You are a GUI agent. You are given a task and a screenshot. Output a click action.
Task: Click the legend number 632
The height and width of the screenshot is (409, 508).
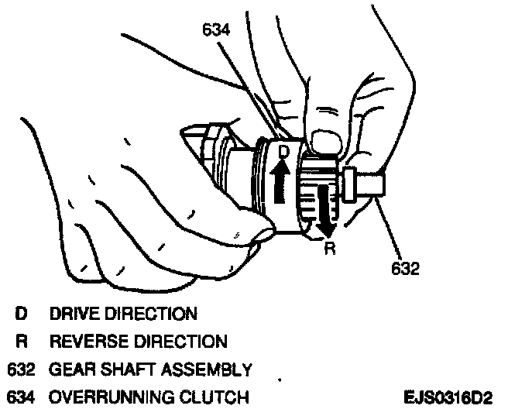19,369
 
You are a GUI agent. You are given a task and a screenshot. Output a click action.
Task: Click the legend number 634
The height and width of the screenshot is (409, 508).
19,397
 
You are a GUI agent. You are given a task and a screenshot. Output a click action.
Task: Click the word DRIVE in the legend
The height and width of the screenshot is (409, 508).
74,314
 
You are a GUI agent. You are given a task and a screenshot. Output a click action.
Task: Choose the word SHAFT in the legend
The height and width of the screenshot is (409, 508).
126,369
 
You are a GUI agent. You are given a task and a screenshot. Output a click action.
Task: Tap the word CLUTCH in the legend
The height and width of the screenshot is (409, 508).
215,397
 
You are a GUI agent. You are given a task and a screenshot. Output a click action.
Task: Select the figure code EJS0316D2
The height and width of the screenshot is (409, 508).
448,397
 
